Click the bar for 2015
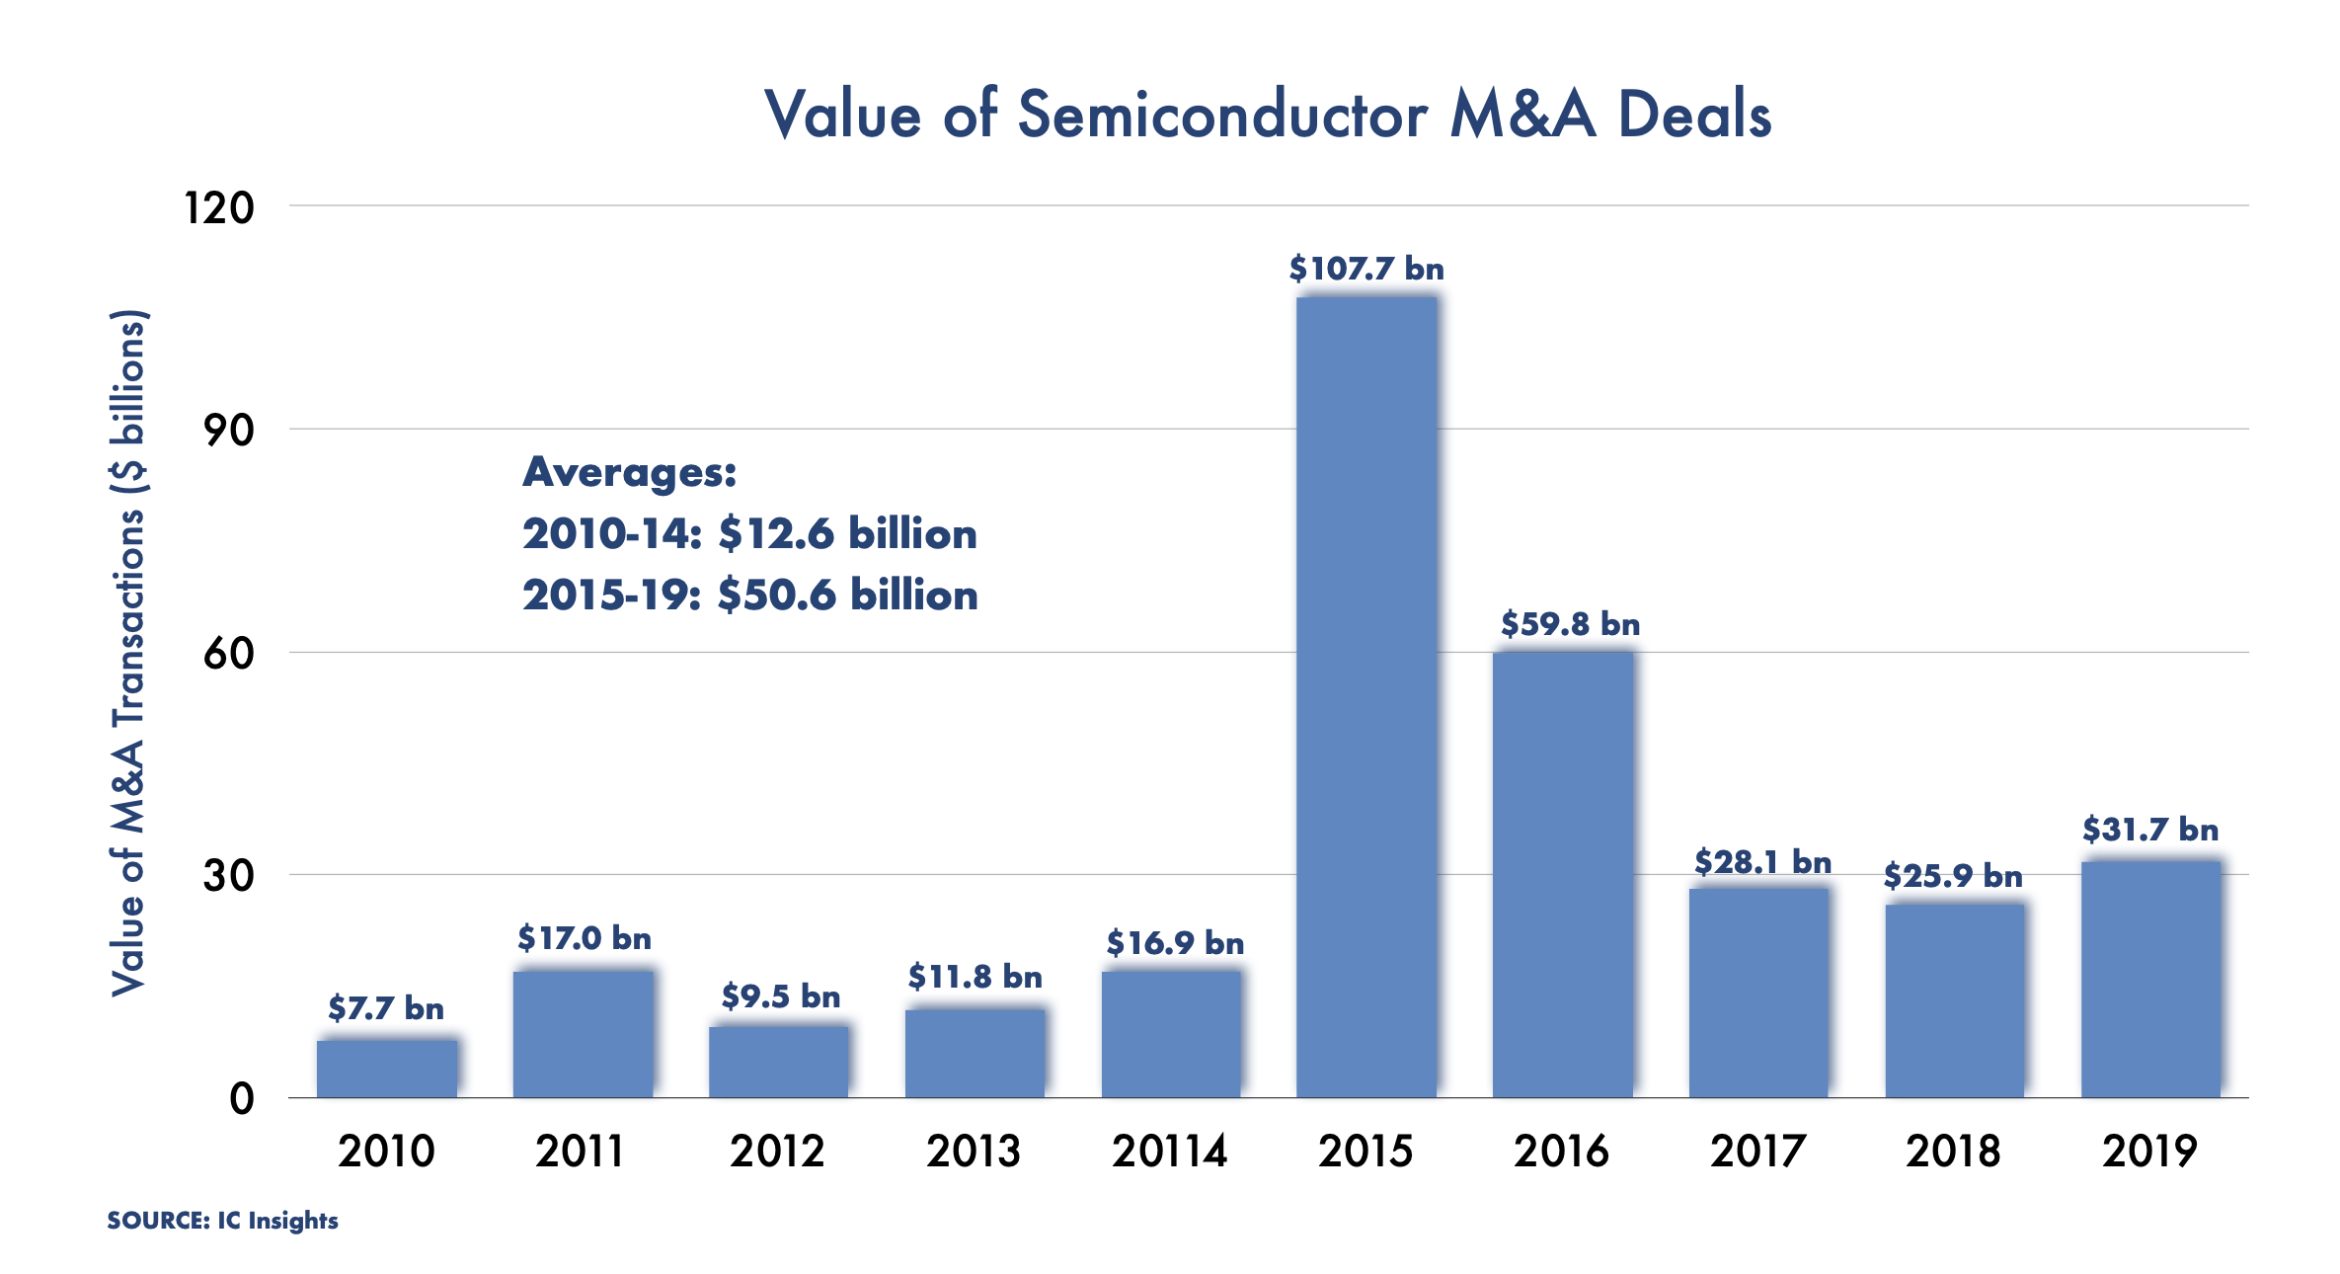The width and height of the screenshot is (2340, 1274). tap(1366, 696)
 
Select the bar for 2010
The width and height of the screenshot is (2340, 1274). tap(387, 1068)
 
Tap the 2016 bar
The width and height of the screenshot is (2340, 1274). tap(1562, 874)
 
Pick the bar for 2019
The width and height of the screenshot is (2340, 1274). tap(2150, 979)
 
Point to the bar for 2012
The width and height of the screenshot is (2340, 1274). tap(778, 1062)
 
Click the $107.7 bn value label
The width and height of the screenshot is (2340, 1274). tap(1366, 269)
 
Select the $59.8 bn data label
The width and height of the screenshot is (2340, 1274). tap(1570, 624)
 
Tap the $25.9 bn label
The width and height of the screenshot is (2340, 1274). tap(1952, 876)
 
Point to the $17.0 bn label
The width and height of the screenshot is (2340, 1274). tap(585, 938)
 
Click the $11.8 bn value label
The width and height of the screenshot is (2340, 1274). tap(975, 978)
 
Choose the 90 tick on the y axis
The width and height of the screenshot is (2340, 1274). tap(228, 431)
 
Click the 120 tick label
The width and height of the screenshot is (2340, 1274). tap(219, 208)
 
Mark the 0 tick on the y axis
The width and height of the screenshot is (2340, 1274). tap(242, 1099)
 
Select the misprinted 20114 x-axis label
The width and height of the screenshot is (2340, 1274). tap(1169, 1152)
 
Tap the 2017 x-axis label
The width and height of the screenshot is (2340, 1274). tap(1757, 1152)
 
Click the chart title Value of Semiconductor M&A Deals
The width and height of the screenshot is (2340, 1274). tap(1268, 115)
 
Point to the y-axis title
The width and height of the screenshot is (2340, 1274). tap(128, 652)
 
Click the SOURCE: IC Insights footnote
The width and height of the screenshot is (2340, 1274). tap(222, 1221)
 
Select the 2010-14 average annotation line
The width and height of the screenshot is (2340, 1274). tap(749, 534)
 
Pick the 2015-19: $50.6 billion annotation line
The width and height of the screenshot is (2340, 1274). tap(749, 596)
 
